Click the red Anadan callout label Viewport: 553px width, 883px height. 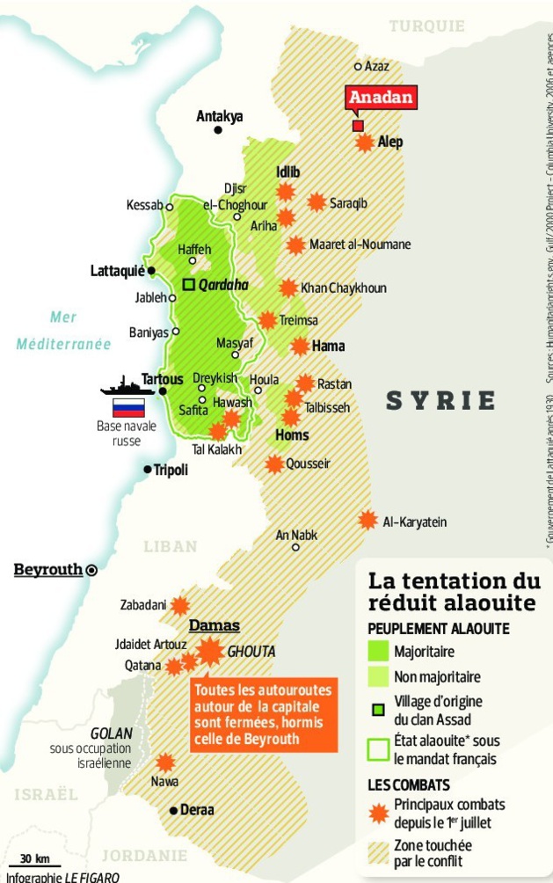(x=381, y=98)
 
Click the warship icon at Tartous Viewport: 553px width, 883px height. (x=128, y=386)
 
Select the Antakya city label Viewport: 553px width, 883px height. (x=220, y=115)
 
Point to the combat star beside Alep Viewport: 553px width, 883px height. (x=364, y=142)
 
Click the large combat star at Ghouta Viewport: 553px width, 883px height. (x=210, y=652)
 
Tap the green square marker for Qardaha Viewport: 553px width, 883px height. (x=188, y=284)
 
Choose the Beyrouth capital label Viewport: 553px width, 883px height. (x=48, y=570)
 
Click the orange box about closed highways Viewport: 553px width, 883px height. (x=264, y=716)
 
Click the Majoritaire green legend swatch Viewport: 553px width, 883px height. (x=378, y=652)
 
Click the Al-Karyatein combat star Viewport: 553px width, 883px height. (x=367, y=521)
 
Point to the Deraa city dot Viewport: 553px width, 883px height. (x=173, y=810)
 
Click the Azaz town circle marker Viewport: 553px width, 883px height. (x=358, y=66)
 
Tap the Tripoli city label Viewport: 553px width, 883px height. (x=171, y=471)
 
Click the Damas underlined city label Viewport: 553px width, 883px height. (x=215, y=625)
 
